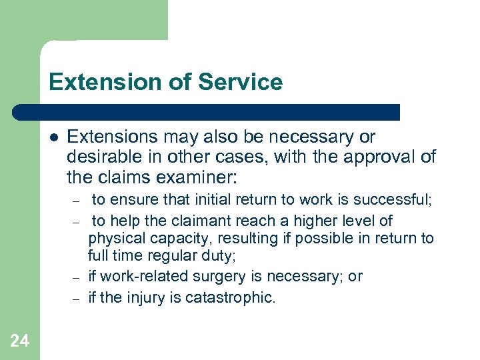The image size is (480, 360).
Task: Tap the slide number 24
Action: [x=20, y=341]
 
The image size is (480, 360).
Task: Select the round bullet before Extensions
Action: [x=53, y=138]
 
